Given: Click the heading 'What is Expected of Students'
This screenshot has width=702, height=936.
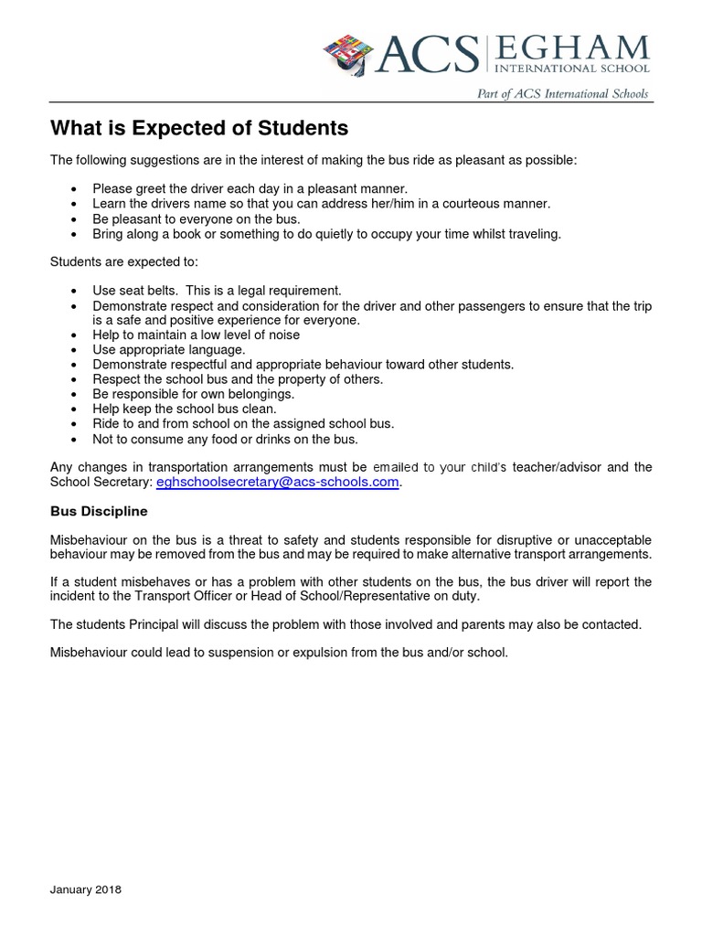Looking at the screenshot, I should [199, 128].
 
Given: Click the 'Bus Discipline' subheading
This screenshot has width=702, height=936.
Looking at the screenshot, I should [99, 511].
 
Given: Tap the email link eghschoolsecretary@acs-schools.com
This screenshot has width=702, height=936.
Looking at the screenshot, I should [278, 483].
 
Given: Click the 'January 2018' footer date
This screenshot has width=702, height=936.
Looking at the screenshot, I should [85, 889].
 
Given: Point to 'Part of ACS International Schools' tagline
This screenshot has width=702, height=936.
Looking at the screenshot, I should [562, 93].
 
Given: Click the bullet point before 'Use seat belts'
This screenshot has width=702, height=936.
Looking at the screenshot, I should [73, 292].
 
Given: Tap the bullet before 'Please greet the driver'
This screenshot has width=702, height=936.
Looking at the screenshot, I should [73, 189].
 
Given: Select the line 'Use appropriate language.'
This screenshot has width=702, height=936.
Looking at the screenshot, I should [168, 350].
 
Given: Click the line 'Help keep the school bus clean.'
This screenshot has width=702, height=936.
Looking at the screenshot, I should [184, 409].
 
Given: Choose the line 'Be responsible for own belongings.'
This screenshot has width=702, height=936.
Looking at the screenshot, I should [193, 394].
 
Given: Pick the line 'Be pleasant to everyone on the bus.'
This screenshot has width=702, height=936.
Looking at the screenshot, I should [196, 218].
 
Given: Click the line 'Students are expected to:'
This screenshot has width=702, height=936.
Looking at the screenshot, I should [117, 262].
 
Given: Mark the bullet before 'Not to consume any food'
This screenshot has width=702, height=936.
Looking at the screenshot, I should [73, 438].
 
